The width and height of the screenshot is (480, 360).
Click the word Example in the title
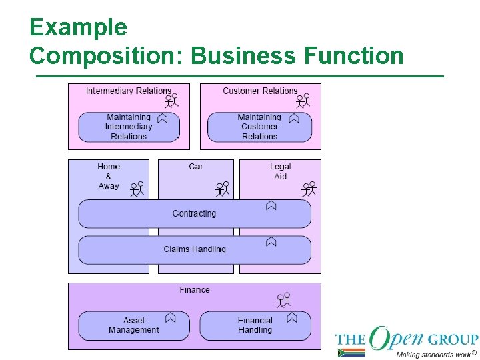coord(78,27)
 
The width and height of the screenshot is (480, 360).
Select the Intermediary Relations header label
coord(128,91)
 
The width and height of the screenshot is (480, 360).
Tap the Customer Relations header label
coord(260,91)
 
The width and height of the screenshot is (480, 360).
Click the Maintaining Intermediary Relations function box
coord(129,127)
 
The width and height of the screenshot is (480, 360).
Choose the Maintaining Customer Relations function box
coord(259,127)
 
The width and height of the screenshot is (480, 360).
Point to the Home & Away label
coord(109,176)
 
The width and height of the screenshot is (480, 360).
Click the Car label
coord(196,167)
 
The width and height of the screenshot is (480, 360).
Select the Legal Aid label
coord(281,171)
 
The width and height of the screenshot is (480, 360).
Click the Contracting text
coord(194,213)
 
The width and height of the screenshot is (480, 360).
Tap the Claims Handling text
coord(195,249)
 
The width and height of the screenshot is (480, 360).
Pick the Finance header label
coord(195,290)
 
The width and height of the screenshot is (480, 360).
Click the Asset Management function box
coord(133,325)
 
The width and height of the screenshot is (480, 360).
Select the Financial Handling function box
coord(255,325)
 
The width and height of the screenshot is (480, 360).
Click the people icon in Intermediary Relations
coord(172,101)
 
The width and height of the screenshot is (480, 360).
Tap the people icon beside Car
coord(223,189)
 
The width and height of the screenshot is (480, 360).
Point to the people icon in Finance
coord(284,299)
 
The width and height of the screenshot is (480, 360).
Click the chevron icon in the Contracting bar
coord(271,206)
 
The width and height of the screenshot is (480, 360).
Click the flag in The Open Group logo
coord(351,353)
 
